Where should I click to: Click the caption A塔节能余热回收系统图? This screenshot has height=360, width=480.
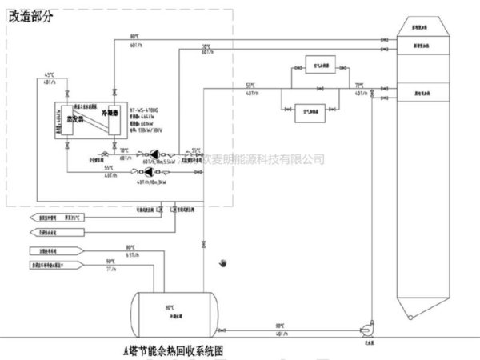[x=172, y=350]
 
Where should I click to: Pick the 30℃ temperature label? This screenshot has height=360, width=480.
[x=206, y=46]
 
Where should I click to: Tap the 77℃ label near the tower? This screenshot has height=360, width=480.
[x=359, y=84]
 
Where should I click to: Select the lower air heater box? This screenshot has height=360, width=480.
[x=310, y=110]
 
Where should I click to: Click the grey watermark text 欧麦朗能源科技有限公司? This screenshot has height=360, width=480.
[x=264, y=159]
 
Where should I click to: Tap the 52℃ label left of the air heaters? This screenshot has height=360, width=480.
[x=252, y=84]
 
